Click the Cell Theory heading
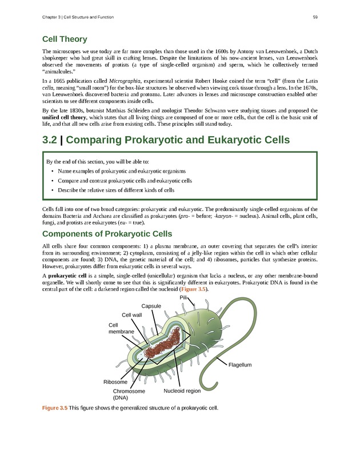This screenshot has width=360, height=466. (x=65, y=39)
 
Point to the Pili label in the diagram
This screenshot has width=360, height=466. (x=183, y=298)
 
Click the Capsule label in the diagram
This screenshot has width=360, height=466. (x=151, y=306)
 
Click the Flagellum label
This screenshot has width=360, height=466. (x=240, y=365)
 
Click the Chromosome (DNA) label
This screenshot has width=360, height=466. (x=129, y=394)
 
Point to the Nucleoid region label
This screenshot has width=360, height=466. (x=182, y=391)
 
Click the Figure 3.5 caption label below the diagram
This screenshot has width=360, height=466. (x=55, y=408)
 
